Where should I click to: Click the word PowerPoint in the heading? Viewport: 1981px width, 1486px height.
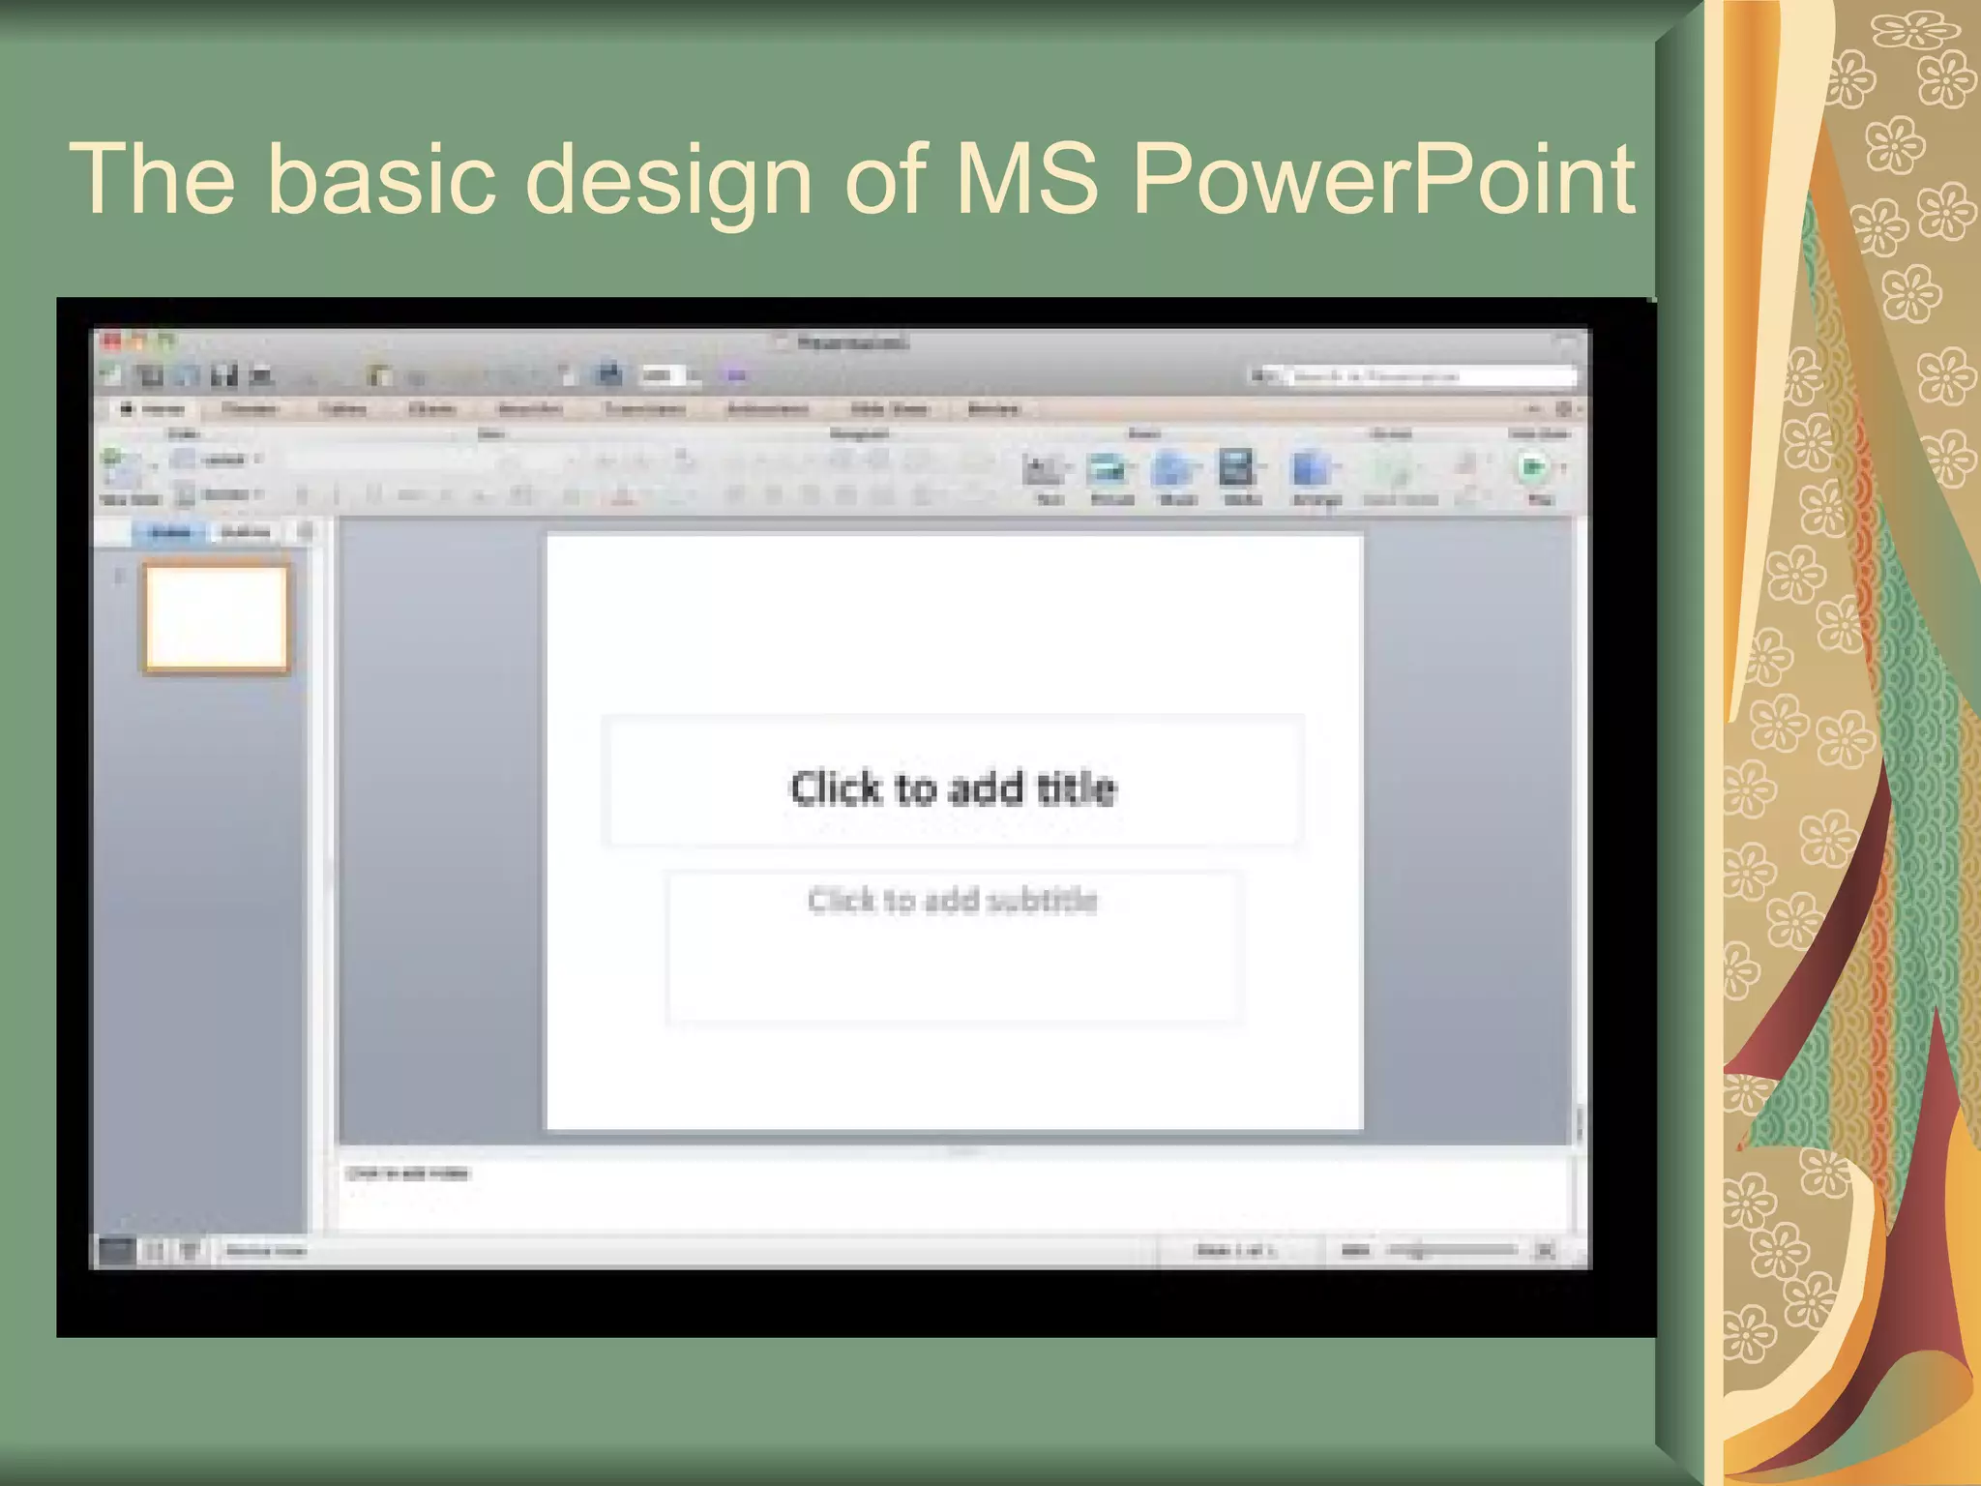(1383, 179)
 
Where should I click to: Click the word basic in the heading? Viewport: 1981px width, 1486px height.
(380, 179)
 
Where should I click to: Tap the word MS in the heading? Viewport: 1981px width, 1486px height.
(1027, 179)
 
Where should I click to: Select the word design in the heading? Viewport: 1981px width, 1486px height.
(668, 179)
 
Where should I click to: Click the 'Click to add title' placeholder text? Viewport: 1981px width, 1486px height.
(953, 788)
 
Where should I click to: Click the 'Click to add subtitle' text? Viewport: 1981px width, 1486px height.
(953, 901)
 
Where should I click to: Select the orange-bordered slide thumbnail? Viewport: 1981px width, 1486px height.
(217, 617)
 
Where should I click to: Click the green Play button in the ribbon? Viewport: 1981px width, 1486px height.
(1532, 468)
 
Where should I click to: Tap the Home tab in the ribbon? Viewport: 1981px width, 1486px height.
(155, 409)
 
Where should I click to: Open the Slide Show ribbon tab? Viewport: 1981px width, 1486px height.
(889, 409)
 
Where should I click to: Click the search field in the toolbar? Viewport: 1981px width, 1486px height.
(1432, 375)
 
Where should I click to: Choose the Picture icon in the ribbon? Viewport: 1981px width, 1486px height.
(1110, 471)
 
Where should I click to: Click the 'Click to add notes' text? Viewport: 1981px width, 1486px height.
(408, 1174)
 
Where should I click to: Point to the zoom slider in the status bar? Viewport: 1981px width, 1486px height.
(1451, 1250)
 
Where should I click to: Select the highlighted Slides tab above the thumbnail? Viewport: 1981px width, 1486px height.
(170, 532)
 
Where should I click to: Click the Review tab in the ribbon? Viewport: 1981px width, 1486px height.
(993, 409)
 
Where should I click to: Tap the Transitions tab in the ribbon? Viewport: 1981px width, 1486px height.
(645, 409)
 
